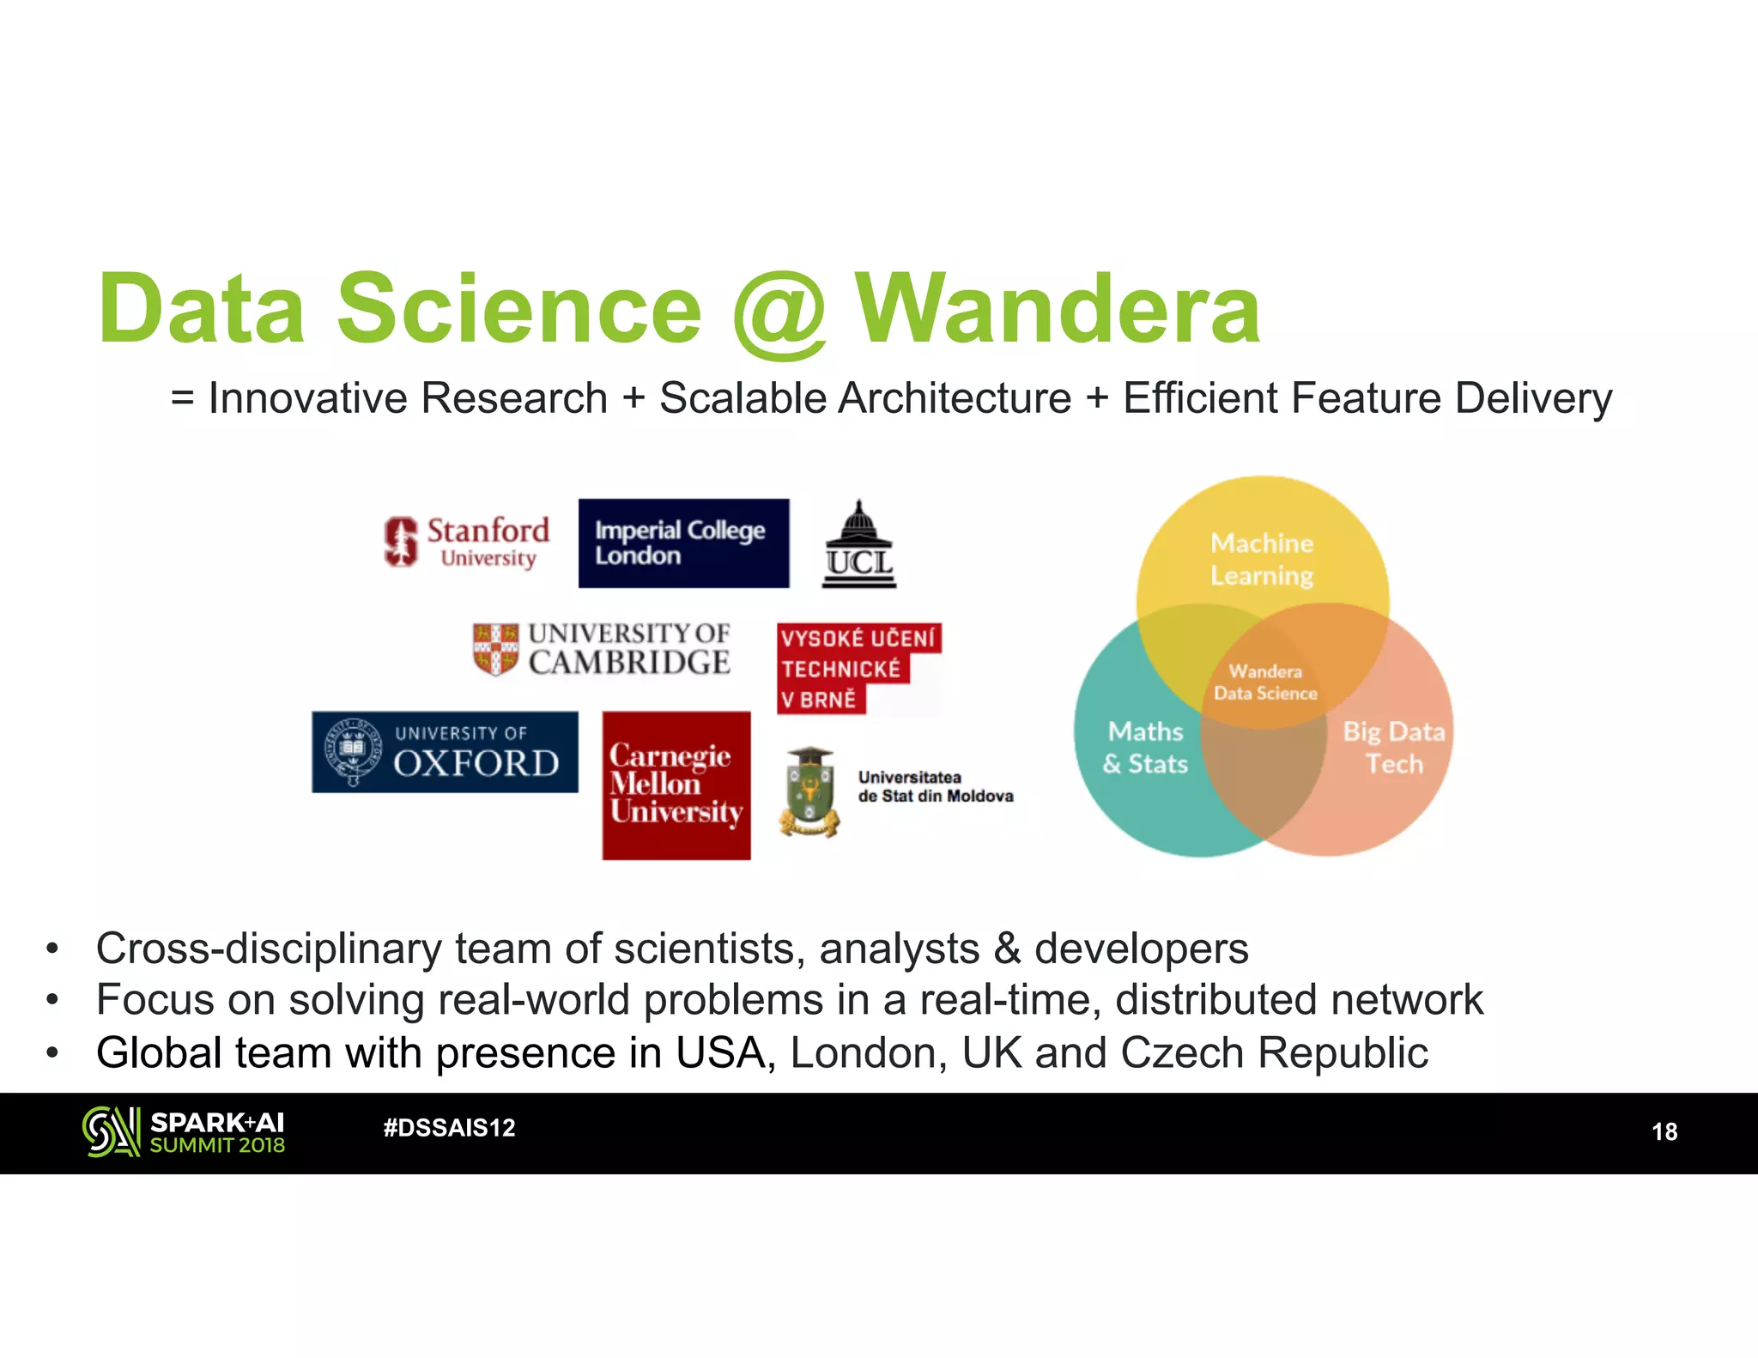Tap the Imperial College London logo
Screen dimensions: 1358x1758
[683, 543]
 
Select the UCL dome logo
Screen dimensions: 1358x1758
[859, 545]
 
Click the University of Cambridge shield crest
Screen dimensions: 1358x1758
[495, 649]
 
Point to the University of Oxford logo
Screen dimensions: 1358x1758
[445, 752]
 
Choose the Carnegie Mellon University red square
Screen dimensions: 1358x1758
[676, 785]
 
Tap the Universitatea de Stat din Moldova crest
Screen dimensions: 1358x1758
[809, 791]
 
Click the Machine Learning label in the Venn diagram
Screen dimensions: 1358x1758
[1262, 559]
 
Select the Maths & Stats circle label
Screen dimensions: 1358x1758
[1145, 748]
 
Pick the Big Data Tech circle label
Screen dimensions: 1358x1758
[1393, 748]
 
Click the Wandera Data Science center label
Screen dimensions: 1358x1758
[1265, 682]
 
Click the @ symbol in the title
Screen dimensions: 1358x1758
[779, 311]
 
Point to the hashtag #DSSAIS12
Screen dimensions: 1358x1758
[449, 1128]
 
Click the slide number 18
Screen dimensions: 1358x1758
[1664, 1132]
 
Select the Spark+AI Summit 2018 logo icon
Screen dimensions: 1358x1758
[111, 1131]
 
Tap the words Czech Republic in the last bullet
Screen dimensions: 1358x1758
[1274, 1053]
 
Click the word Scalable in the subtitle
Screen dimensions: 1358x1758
[741, 398]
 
